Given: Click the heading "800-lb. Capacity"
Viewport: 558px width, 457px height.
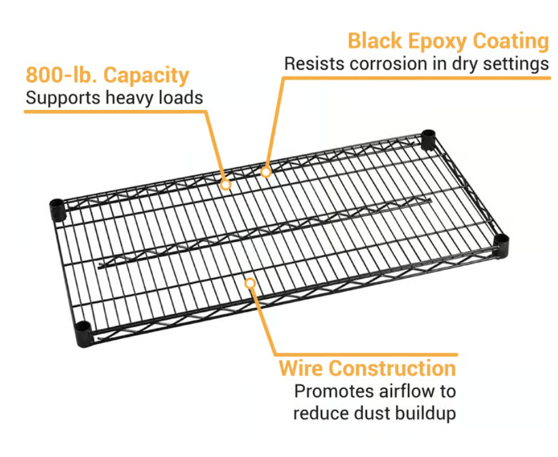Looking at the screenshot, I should (107, 76).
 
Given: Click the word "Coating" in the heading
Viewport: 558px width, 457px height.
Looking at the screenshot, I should (511, 41).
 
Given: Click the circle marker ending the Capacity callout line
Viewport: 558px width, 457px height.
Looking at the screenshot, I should (226, 185).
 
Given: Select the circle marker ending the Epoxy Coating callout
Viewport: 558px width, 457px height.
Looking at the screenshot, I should (266, 171).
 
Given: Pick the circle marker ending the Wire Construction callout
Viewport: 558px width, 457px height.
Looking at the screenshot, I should (250, 283).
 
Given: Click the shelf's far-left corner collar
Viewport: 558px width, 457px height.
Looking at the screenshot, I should (57, 210).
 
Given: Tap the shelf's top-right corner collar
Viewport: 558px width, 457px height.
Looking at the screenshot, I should (428, 139).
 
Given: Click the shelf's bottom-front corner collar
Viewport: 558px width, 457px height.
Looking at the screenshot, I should (84, 333).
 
